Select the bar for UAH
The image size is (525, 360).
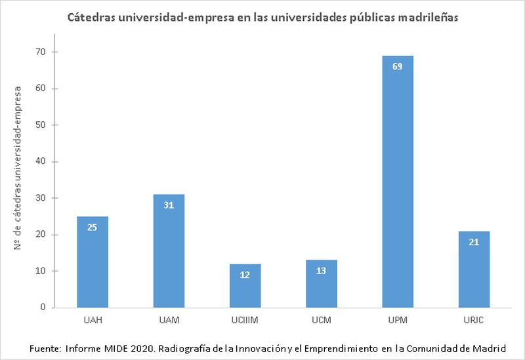click(93, 262)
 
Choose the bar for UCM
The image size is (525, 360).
click(321, 283)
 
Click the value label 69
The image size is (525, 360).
click(397, 67)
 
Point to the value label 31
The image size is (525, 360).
click(169, 205)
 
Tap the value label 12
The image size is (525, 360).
click(245, 275)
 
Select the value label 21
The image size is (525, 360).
click(473, 242)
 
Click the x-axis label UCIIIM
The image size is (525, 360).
click(245, 320)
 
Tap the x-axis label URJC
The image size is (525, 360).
click(473, 320)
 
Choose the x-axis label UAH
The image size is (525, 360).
click(93, 320)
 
